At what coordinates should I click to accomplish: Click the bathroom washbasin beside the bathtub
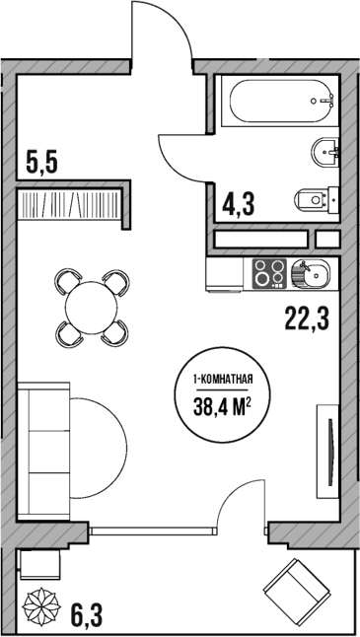[325, 151]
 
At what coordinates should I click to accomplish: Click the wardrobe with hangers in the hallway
[71, 206]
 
